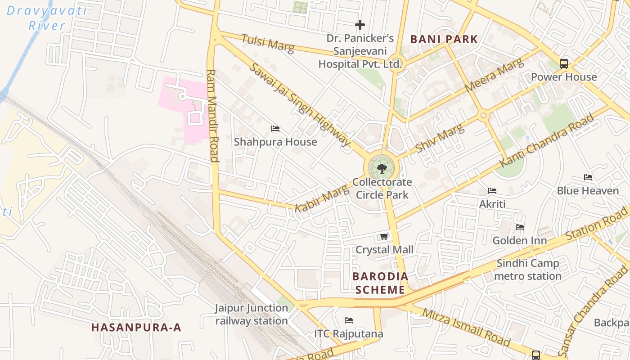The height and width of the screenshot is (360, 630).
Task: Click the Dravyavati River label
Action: tap(46, 18)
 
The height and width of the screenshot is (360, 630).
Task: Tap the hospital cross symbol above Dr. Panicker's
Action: tap(360, 25)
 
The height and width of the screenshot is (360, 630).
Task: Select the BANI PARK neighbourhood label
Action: tap(444, 39)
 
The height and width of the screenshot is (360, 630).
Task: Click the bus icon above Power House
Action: tap(564, 64)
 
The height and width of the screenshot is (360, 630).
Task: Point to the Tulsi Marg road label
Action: tap(267, 43)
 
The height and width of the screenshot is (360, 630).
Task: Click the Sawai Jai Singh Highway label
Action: tap(299, 104)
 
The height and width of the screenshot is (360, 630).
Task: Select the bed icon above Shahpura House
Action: tap(275, 129)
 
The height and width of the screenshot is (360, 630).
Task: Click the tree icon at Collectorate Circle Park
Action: tap(382, 169)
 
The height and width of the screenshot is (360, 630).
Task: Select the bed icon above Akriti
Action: tap(492, 191)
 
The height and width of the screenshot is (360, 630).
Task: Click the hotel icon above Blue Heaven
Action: tap(588, 177)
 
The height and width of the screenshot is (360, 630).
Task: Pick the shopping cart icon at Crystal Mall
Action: tap(384, 236)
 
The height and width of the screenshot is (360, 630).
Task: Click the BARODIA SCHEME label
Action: tap(380, 283)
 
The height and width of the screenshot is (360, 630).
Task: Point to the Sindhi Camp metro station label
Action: tap(528, 269)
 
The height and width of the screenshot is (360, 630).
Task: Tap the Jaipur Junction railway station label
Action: tap(251, 314)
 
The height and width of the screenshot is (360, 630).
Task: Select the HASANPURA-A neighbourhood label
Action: tap(136, 327)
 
